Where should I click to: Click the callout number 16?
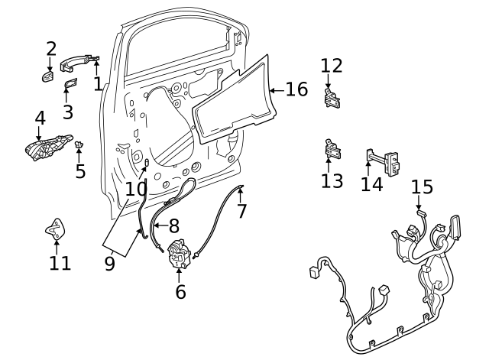pos(296,90)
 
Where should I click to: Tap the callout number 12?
pos(332,66)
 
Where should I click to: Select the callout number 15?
pos(422,187)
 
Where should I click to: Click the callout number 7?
pos(242,211)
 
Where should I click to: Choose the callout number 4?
pos(40,118)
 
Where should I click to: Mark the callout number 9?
pos(109,264)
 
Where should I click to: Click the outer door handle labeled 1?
pos(76,63)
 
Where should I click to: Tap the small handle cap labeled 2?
pos(47,76)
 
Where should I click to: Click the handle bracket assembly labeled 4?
pos(50,147)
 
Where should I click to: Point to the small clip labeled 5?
pos(79,144)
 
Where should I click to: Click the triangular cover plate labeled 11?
pos(55,228)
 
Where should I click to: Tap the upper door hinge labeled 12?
pos(332,99)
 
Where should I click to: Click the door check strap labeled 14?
pos(382,161)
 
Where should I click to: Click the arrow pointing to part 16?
pos(277,90)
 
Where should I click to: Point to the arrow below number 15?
pos(419,204)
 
